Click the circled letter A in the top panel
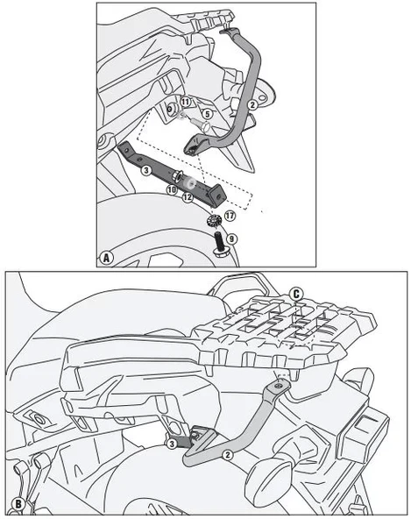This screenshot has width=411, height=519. pyautogui.click(x=106, y=258)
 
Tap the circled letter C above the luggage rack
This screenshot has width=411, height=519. pyautogui.click(x=297, y=294)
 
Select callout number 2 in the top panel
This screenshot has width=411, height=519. pyautogui.click(x=252, y=104)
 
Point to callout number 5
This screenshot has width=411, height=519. pyautogui.click(x=208, y=114)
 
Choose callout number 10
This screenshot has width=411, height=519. pyautogui.click(x=173, y=188)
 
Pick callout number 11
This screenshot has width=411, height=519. pyautogui.click(x=186, y=103)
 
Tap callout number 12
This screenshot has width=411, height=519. pyautogui.click(x=187, y=197)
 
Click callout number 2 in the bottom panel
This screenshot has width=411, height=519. pyautogui.click(x=228, y=454)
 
